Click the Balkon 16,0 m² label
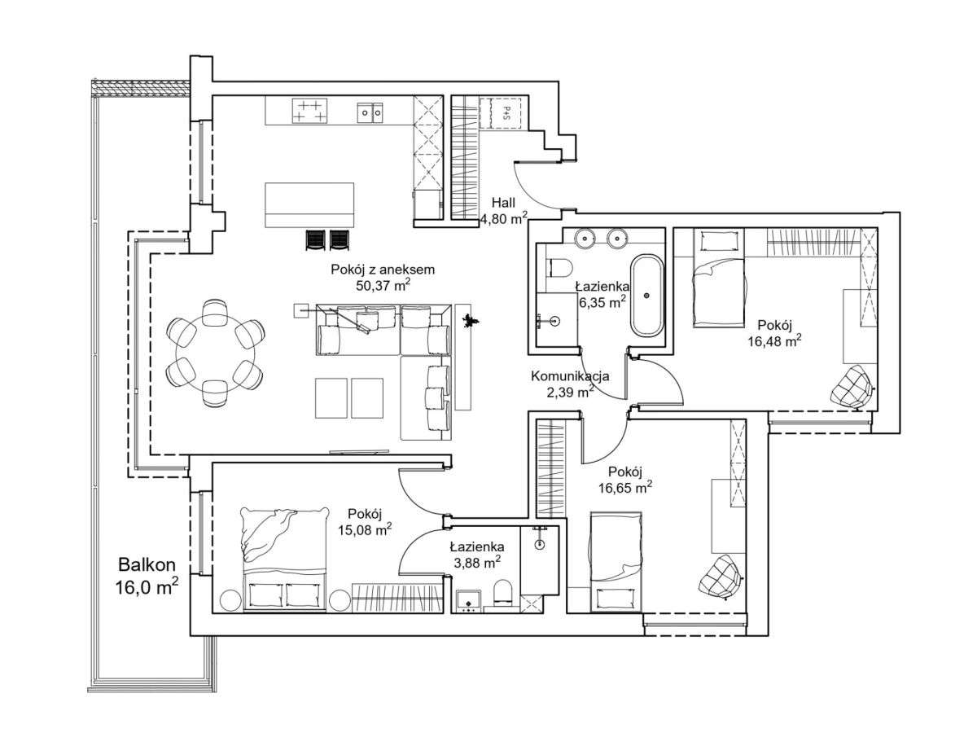[147, 575]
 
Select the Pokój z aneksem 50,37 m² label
[370, 277]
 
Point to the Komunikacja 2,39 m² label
[570, 383]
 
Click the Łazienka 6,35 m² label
[602, 294]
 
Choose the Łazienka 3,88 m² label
[476, 554]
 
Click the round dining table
[215, 353]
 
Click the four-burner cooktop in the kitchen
[309, 111]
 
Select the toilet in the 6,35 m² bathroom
[559, 267]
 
